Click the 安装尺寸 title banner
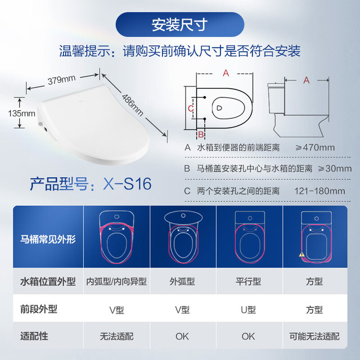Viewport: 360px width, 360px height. tap(180, 25)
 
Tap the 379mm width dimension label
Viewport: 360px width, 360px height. tap(61, 80)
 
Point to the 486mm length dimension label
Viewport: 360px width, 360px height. tap(133, 105)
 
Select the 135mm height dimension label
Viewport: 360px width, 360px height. tap(21, 114)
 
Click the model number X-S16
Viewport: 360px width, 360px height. tap(127, 184)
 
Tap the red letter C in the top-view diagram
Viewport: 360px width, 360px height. tap(191, 108)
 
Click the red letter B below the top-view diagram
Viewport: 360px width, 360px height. tap(201, 134)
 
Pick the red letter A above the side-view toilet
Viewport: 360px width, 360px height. tap(306, 80)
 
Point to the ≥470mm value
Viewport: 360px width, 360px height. tap(315, 147)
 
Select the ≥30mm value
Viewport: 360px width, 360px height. tap(335, 169)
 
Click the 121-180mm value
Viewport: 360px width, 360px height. tap(319, 191)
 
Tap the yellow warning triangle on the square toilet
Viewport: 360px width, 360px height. tap(301, 254)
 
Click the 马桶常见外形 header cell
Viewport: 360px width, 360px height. tap(48, 239)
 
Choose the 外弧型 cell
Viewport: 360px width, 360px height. tap(182, 281)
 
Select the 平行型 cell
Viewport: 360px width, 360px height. tap(248, 281)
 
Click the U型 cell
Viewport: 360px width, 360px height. tap(248, 310)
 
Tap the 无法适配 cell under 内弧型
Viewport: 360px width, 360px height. tap(116, 336)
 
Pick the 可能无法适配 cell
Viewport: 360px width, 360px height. tap(314, 336)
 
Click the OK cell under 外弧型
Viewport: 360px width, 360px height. tap(182, 336)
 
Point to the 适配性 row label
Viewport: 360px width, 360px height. tap(34, 336)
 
